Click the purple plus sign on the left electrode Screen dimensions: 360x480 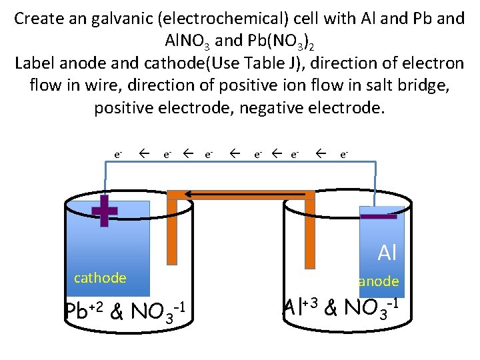[104, 211]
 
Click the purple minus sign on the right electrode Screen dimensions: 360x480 [378, 216]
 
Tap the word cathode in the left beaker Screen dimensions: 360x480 [100, 278]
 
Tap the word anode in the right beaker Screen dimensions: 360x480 [379, 281]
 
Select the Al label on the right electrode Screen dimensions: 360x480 [387, 253]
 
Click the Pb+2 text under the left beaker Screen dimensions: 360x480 [84, 310]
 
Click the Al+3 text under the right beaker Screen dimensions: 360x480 [301, 307]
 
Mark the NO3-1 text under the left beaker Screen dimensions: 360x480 [157, 311]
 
